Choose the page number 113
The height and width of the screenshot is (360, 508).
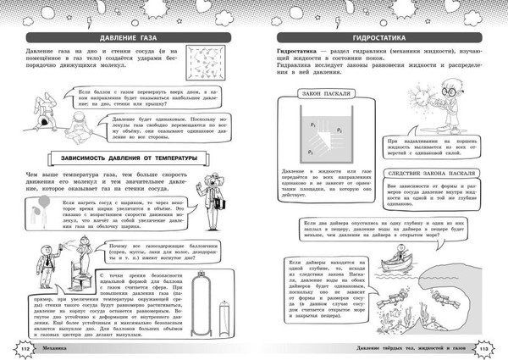(484, 346)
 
